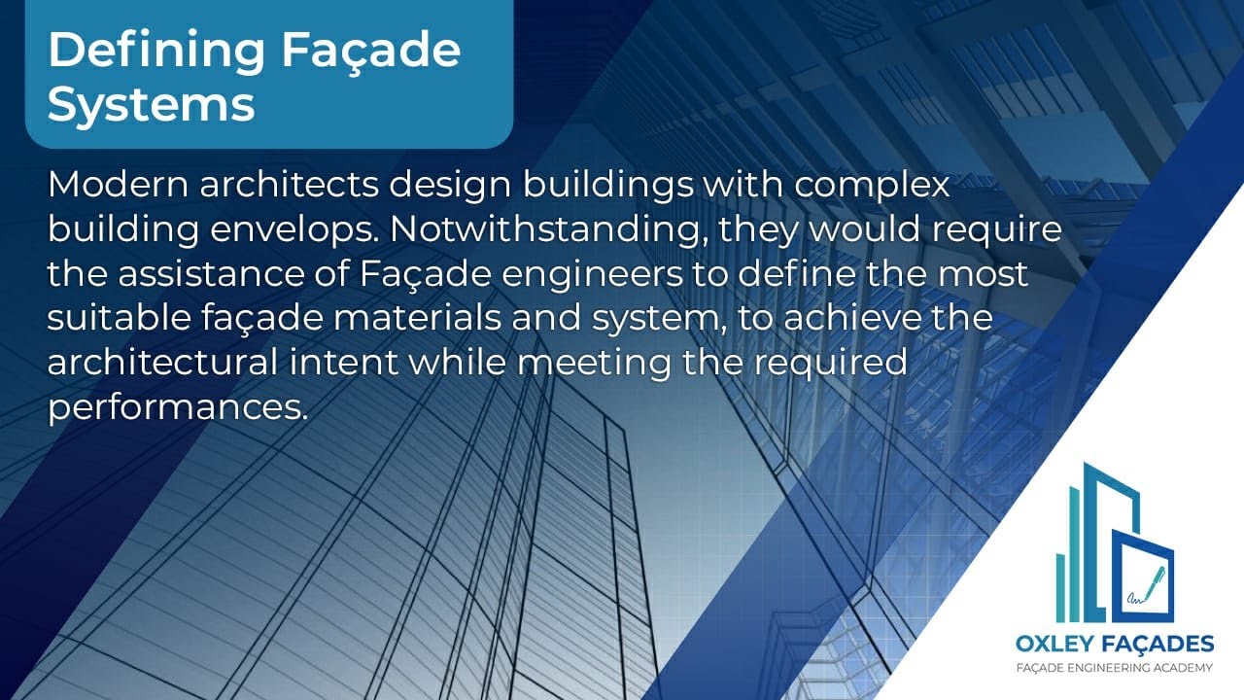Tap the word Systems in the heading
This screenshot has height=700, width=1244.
pyautogui.click(x=152, y=104)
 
